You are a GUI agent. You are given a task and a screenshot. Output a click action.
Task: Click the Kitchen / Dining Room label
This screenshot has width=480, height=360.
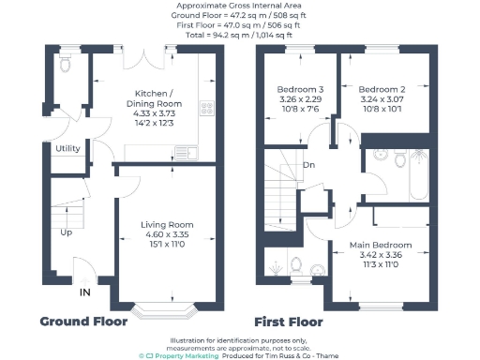154,98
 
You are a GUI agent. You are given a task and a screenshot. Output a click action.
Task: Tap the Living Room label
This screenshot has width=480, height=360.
167,225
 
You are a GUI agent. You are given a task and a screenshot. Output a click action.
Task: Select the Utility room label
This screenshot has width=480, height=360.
67,148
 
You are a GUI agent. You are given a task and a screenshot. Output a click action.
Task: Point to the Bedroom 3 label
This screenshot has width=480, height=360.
300,90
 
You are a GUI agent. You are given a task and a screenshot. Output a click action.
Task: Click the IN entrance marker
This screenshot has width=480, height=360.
85,293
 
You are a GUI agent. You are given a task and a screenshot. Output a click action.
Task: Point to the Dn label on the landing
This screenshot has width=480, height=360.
308,166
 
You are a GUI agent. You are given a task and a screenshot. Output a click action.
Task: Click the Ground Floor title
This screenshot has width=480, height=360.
82,322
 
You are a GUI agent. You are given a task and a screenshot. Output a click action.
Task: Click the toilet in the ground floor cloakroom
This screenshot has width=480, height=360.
64,67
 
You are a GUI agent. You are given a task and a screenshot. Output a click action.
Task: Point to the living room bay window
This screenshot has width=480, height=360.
156,307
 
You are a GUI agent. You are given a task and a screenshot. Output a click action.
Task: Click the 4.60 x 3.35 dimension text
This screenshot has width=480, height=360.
167,236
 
